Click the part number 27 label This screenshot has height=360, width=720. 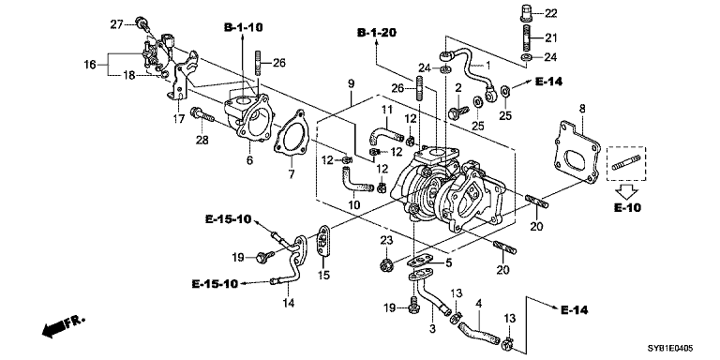116,22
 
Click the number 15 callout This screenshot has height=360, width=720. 324,275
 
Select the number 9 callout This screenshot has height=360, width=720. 352,84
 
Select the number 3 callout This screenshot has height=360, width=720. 432,330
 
